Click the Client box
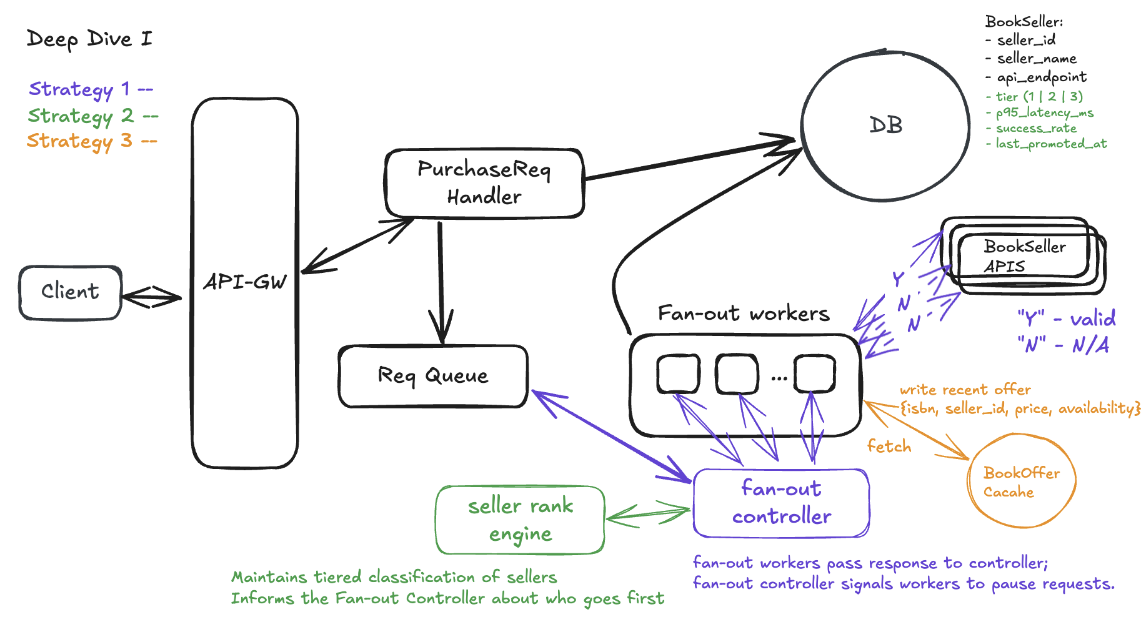70,292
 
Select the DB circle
885,126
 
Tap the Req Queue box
433,375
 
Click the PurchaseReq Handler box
484,183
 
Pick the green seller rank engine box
520,520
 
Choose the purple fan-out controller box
781,503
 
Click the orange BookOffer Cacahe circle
1021,481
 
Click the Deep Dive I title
89,39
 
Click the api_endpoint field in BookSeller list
1041,77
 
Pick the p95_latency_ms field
1044,112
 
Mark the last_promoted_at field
1050,144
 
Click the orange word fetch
889,447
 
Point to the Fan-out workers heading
744,313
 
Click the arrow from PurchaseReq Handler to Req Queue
441,281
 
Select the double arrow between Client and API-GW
152,297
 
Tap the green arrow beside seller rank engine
649,515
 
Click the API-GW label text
245,282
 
